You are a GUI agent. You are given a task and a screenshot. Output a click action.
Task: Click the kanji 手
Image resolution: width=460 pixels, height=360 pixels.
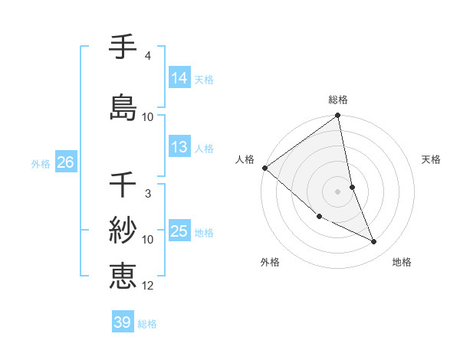click(123, 47)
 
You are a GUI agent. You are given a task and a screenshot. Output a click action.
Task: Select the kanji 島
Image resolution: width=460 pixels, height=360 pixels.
click(123, 106)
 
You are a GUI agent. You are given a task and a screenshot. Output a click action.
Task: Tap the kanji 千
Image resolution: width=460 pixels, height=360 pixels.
click(123, 185)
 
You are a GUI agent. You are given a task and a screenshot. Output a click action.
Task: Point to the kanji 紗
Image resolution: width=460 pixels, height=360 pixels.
click(123, 230)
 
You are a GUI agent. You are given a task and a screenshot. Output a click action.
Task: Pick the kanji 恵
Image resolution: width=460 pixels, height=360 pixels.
click(123, 275)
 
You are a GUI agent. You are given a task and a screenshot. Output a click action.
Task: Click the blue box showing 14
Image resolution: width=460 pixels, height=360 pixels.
click(179, 78)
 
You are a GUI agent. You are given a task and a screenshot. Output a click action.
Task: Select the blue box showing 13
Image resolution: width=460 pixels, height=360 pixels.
click(179, 148)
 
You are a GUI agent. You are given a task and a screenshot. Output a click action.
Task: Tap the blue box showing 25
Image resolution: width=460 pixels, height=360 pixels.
click(179, 231)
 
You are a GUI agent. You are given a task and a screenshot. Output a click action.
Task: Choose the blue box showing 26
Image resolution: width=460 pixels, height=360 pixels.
click(65, 162)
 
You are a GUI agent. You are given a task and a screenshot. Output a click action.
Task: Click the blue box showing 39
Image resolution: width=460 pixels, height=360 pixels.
click(123, 322)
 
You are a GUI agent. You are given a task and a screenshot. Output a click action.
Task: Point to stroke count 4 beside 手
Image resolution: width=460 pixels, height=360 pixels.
click(147, 56)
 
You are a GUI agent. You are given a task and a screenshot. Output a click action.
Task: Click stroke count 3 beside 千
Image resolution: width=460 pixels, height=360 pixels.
click(147, 194)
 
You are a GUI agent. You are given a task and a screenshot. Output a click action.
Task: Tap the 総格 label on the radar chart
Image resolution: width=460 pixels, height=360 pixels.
click(338, 100)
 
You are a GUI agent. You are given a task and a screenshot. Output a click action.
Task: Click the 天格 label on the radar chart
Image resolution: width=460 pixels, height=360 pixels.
click(431, 159)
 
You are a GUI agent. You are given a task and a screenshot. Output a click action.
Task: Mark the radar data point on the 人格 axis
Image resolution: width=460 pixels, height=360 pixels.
click(264, 167)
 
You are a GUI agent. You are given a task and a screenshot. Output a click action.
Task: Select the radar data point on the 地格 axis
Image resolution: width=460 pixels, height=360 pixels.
click(374, 241)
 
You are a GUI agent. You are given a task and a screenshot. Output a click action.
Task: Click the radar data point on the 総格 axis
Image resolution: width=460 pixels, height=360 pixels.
click(338, 116)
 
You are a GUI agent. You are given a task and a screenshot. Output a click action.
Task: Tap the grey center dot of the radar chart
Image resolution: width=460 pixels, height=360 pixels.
click(337, 191)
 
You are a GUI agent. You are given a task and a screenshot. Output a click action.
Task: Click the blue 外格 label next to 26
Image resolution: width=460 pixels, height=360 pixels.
click(41, 163)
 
